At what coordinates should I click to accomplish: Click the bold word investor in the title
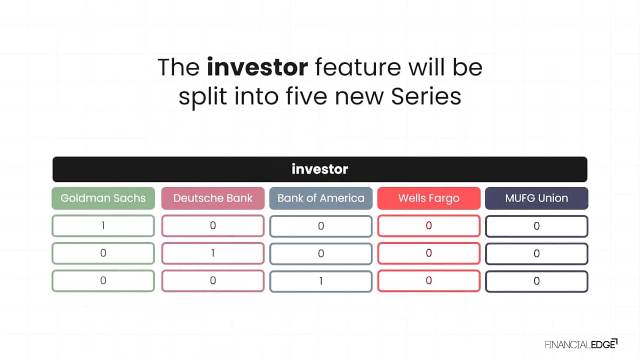pos(258,67)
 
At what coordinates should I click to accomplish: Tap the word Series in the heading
pos(426,97)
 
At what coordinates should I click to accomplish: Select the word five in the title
pos(307,97)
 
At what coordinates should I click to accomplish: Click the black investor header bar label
pos(319,169)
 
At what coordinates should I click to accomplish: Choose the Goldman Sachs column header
pos(103,198)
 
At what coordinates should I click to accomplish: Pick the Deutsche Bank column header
pos(213,198)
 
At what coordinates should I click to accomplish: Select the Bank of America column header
pos(321,198)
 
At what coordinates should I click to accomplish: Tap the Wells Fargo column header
pos(429,198)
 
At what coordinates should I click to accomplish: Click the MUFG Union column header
pos(537,198)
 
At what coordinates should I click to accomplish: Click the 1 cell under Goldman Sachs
pos(103,226)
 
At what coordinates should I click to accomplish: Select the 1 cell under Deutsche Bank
pos(213,253)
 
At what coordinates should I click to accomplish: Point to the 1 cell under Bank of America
pos(321,281)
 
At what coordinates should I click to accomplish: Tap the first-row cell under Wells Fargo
pos(429,226)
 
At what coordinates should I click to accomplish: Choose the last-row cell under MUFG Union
pos(537,281)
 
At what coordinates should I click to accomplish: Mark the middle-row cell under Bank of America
pos(321,254)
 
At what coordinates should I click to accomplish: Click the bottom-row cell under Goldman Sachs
pos(103,281)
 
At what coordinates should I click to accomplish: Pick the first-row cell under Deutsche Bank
pos(213,226)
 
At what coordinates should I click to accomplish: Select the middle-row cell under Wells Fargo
pos(429,253)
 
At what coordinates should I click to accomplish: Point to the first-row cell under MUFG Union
pos(537,226)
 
